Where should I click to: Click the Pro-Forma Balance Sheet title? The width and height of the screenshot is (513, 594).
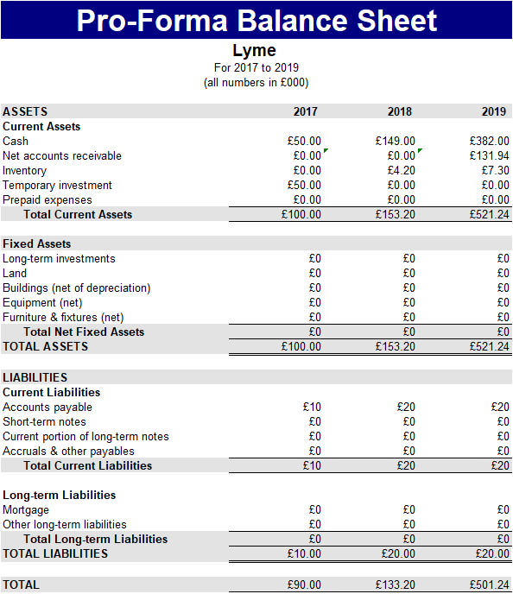click(x=256, y=20)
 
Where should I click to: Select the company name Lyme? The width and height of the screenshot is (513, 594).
click(x=255, y=50)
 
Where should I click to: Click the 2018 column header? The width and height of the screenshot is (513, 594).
click(x=400, y=111)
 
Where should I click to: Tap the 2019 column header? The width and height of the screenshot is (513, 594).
click(x=494, y=111)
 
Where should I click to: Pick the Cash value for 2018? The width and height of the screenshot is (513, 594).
click(x=396, y=141)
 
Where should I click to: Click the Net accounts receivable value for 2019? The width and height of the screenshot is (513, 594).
click(x=490, y=155)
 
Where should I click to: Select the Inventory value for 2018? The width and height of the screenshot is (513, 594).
click(x=400, y=170)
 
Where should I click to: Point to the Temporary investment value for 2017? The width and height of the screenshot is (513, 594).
click(x=304, y=185)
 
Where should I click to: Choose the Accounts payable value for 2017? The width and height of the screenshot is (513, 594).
click(x=312, y=407)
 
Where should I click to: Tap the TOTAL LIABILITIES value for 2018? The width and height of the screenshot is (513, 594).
click(x=398, y=553)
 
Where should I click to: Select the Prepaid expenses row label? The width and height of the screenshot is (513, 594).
click(x=46, y=199)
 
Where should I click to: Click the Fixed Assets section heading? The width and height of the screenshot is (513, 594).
click(x=37, y=243)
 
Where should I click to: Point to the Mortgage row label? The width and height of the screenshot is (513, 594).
click(x=26, y=509)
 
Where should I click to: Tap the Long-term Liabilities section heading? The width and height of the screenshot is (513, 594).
click(x=60, y=495)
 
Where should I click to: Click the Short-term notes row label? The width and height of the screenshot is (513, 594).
click(x=44, y=421)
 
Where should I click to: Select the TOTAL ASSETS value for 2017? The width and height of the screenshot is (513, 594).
click(x=301, y=346)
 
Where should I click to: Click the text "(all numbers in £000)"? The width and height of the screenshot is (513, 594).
click(x=256, y=83)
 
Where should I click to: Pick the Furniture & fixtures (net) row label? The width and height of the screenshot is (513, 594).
click(x=63, y=317)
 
